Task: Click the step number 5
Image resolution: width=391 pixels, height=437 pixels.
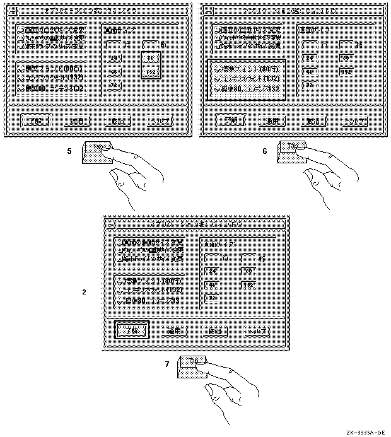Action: [69, 151]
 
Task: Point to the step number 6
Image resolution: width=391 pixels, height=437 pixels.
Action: [265, 151]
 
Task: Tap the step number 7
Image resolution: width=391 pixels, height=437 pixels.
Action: [166, 364]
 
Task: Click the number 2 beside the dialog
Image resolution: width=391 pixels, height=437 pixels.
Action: [84, 293]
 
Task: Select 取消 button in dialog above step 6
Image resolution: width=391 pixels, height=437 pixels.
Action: [313, 120]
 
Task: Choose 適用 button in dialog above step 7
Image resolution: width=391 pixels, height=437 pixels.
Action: [174, 330]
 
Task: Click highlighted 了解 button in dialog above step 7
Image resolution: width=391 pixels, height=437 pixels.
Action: [132, 330]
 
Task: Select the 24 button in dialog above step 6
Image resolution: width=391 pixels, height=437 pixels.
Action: [310, 59]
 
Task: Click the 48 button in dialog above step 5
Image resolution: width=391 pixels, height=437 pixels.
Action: [114, 73]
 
